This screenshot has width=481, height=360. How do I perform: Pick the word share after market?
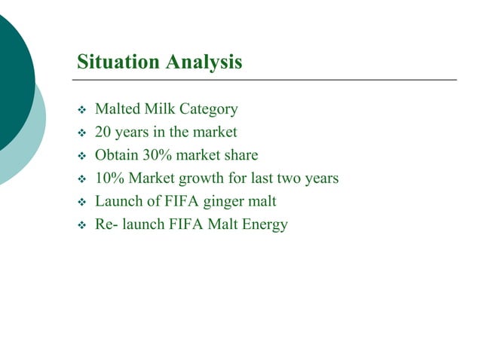click(240, 156)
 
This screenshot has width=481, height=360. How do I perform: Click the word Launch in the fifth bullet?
click(118, 201)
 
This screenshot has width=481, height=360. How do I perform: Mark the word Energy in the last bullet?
click(262, 225)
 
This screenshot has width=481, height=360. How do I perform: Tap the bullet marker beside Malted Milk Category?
click(82, 110)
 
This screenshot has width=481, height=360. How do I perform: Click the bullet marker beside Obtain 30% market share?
click(82, 157)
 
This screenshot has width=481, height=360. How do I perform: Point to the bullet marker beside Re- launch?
click(82, 225)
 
